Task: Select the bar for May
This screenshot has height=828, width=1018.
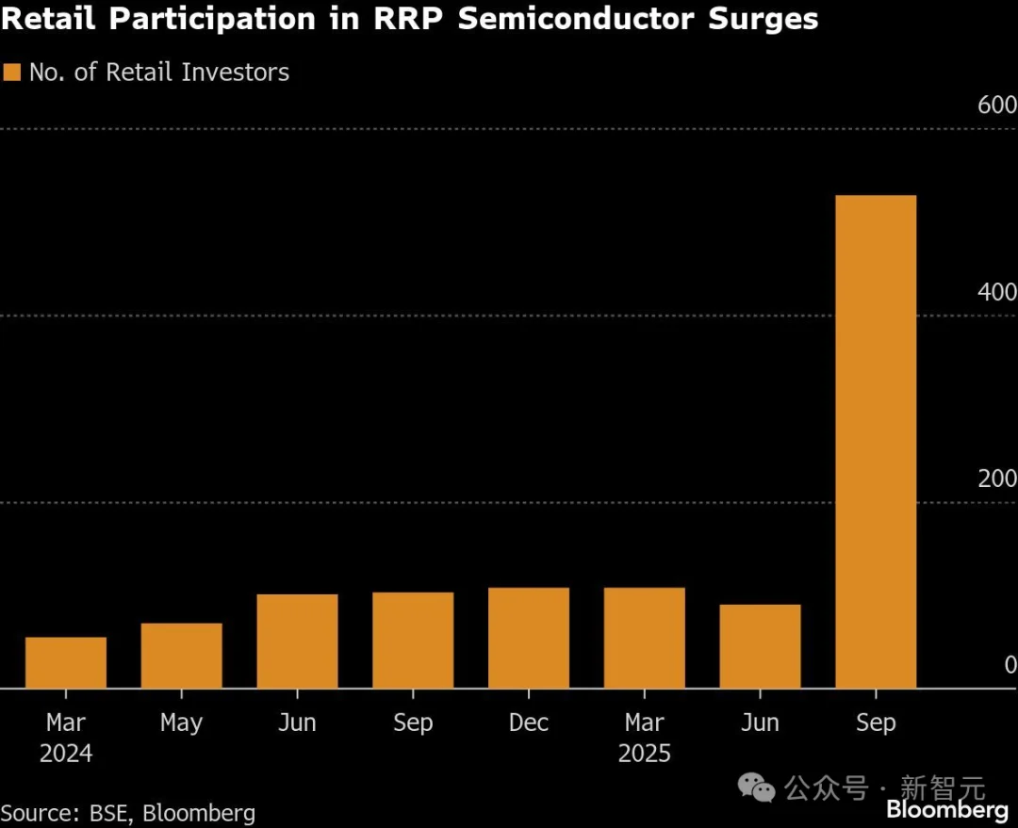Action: pyautogui.click(x=182, y=656)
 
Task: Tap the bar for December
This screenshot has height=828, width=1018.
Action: pyautogui.click(x=529, y=638)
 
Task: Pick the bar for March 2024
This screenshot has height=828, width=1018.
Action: pyautogui.click(x=66, y=662)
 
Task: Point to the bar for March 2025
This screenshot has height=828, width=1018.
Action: pyautogui.click(x=645, y=638)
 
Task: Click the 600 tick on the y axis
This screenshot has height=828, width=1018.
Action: pyautogui.click(x=996, y=106)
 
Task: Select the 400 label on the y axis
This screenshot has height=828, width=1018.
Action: pyautogui.click(x=996, y=292)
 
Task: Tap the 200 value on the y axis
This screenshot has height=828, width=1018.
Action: pyautogui.click(x=996, y=479)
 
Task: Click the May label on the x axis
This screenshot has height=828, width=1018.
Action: pyautogui.click(x=181, y=722)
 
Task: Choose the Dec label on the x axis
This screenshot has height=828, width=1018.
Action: pyautogui.click(x=529, y=722)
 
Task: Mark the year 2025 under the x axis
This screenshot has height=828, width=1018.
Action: pyautogui.click(x=645, y=754)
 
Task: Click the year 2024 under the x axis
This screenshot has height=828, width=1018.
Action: pyautogui.click(x=66, y=754)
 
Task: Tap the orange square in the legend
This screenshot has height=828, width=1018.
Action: pyautogui.click(x=12, y=73)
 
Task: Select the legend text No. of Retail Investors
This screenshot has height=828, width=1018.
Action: pyautogui.click(x=159, y=73)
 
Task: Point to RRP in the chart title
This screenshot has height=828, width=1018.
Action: pyautogui.click(x=406, y=19)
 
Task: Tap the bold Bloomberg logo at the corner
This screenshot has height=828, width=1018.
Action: pyautogui.click(x=947, y=810)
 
